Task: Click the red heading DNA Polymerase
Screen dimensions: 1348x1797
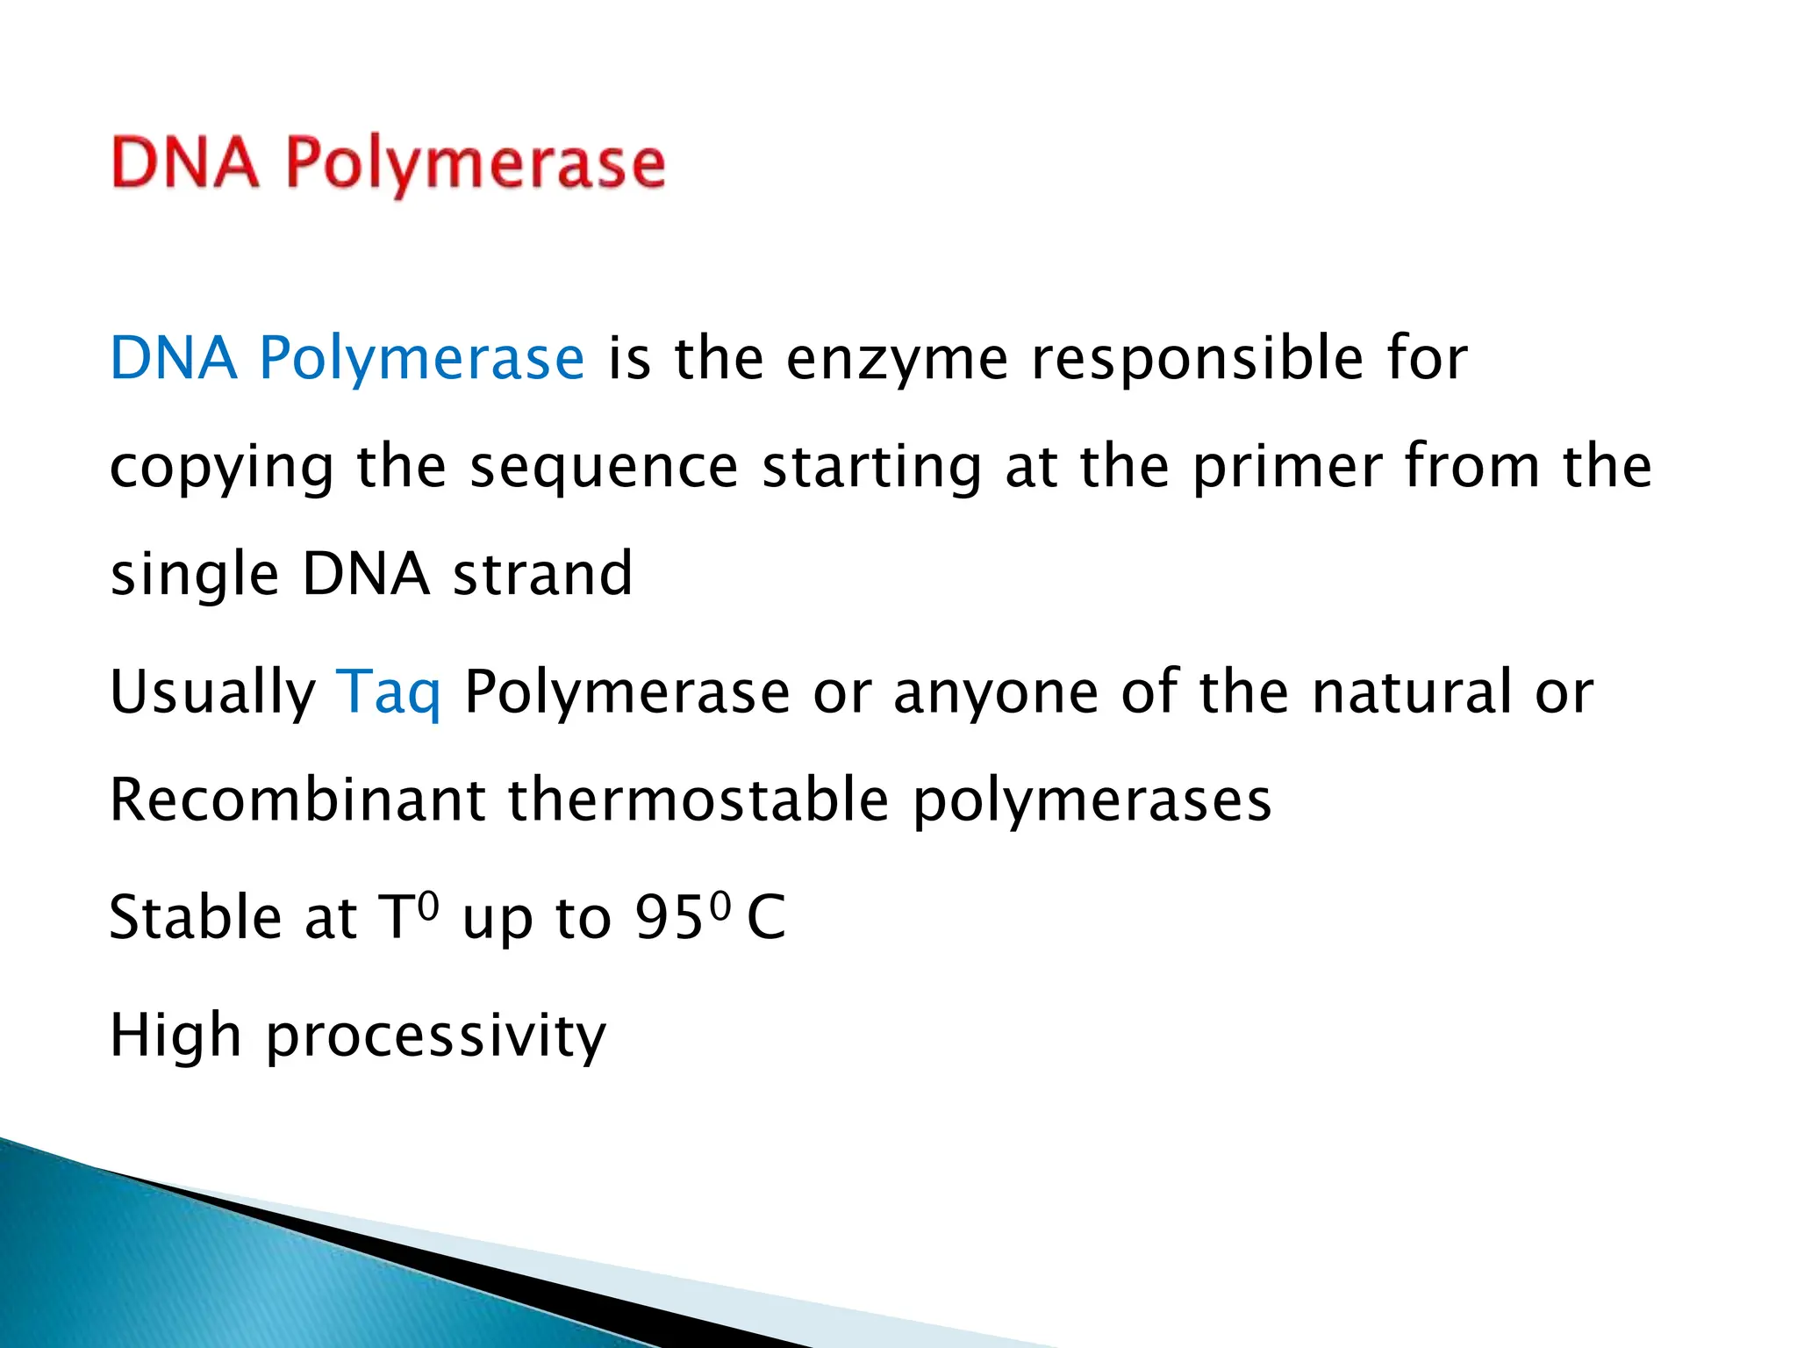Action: point(388,164)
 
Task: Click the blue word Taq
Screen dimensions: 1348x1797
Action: point(389,692)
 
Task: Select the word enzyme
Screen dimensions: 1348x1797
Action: point(897,360)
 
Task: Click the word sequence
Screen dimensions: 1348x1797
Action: point(604,468)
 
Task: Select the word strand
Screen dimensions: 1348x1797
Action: point(542,574)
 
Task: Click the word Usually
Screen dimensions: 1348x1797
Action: point(211,692)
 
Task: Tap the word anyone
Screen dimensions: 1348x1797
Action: point(995,692)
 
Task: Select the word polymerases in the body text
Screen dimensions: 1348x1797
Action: point(1092,801)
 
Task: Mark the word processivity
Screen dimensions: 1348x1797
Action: point(436,1036)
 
